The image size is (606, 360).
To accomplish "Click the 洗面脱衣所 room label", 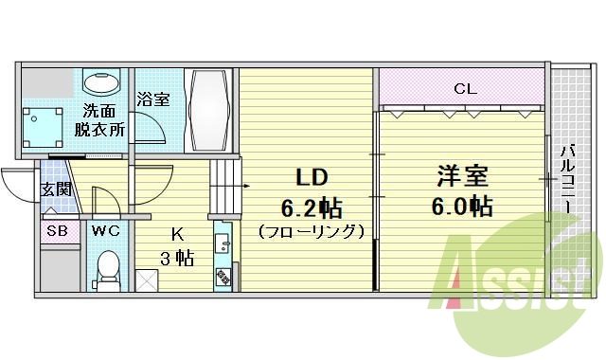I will pyautogui.click(x=101, y=120).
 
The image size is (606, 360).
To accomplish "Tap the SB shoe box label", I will pyautogui.click(x=56, y=230).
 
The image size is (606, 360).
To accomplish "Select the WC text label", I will pyautogui.click(x=105, y=230).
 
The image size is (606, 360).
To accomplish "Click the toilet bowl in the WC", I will pyautogui.click(x=107, y=266).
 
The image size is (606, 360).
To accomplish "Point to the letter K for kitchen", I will pyautogui.click(x=176, y=234).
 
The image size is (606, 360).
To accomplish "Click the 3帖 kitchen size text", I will pyautogui.click(x=177, y=257).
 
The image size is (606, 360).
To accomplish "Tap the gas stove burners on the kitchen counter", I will pyautogui.click(x=224, y=277).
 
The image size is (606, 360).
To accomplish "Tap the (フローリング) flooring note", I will pyautogui.click(x=310, y=230).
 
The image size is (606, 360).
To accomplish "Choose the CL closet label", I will pyautogui.click(x=463, y=90).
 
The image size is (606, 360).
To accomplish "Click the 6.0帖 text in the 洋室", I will pyautogui.click(x=462, y=206).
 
